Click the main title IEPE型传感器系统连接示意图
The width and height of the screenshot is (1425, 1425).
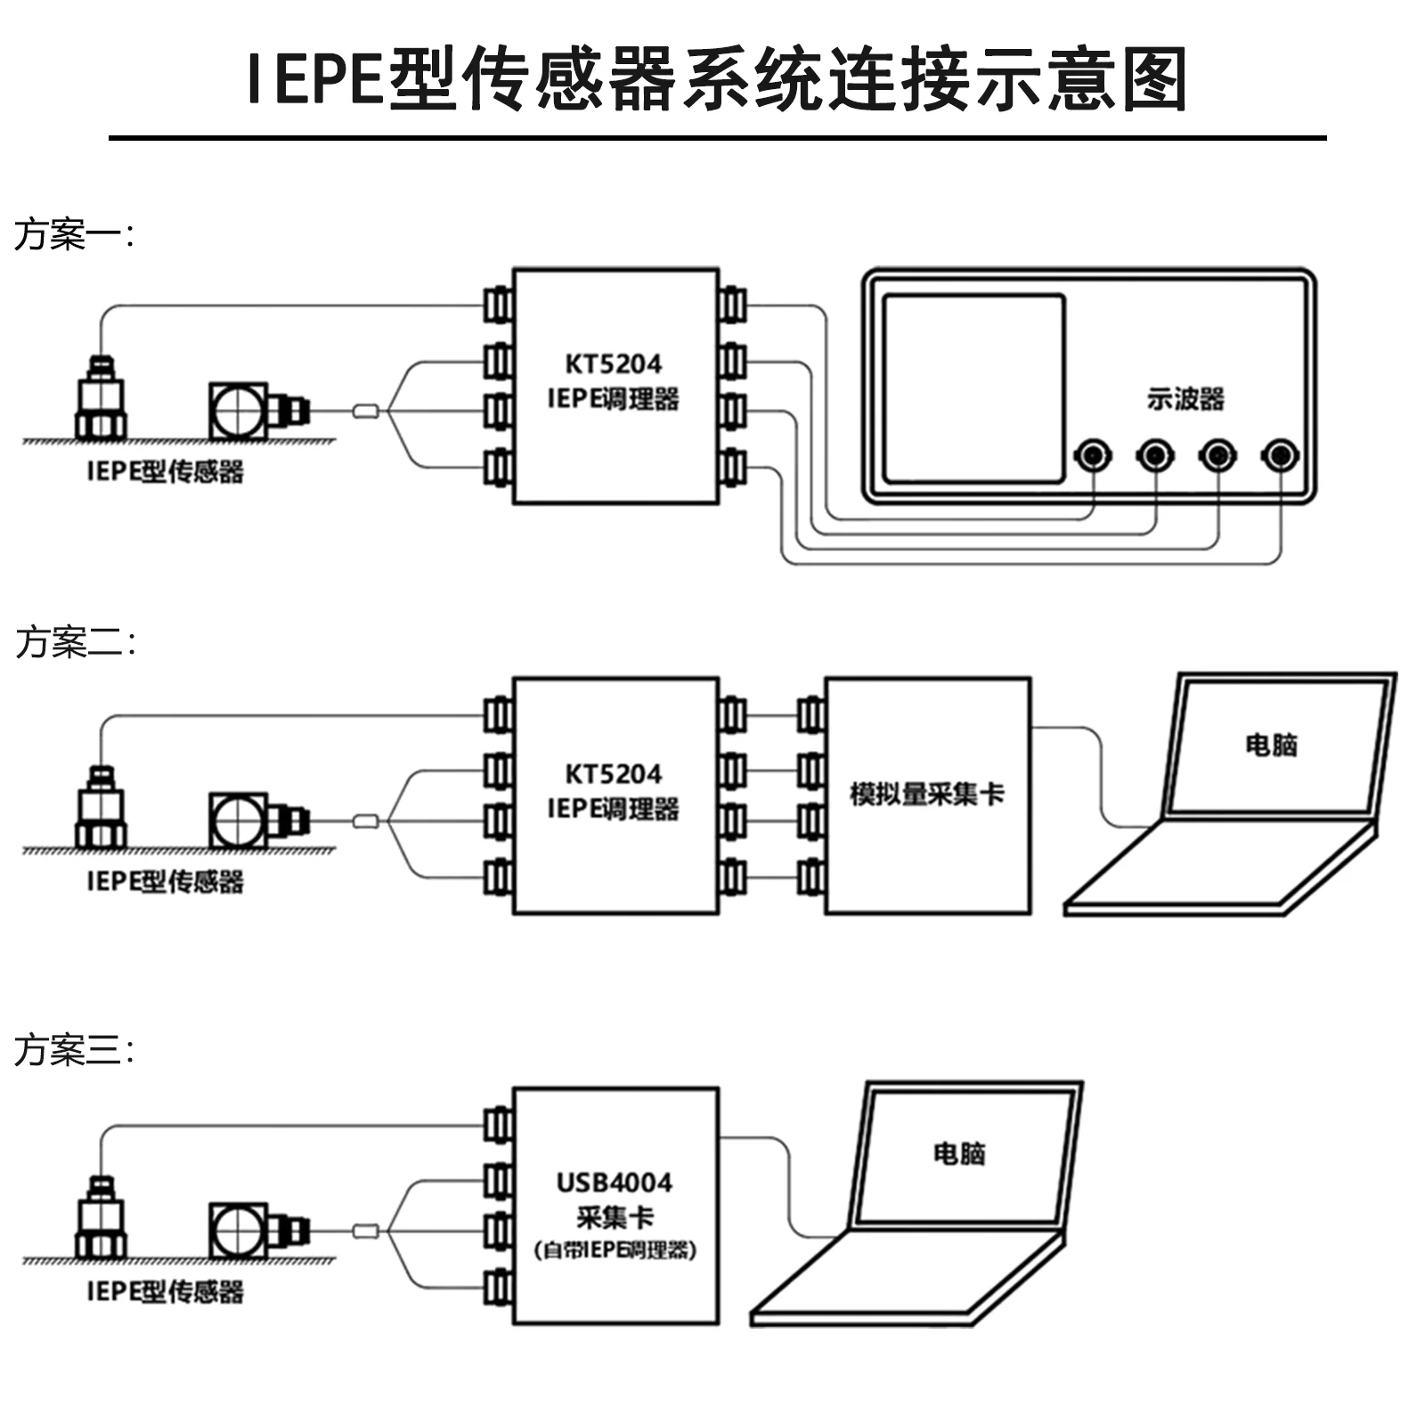click(x=716, y=79)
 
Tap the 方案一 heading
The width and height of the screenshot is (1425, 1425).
click(x=74, y=234)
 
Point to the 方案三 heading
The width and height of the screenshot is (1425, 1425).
click(x=74, y=1050)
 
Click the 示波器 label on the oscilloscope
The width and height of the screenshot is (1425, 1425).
click(x=1185, y=398)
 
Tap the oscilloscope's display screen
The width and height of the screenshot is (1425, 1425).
click(x=974, y=388)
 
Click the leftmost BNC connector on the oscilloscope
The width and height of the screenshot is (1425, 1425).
click(x=1093, y=456)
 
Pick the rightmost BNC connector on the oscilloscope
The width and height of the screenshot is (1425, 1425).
click(x=1280, y=456)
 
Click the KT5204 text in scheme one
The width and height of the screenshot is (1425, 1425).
click(x=614, y=363)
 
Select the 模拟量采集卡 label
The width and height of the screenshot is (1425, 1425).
click(x=927, y=794)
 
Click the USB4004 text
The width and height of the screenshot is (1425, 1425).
click(x=614, y=1183)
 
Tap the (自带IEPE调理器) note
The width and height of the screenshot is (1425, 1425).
click(x=615, y=1250)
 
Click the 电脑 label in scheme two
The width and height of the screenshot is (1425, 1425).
click(x=1271, y=745)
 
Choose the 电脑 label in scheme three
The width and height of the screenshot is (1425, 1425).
click(x=959, y=1154)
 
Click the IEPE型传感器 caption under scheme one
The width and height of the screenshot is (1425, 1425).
click(x=165, y=471)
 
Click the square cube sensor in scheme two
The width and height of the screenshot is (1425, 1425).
click(x=238, y=820)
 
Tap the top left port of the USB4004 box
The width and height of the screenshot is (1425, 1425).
click(x=498, y=1125)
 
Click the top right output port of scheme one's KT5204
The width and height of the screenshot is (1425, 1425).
click(x=732, y=305)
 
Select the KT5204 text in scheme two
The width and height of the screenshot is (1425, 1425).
click(x=614, y=773)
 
